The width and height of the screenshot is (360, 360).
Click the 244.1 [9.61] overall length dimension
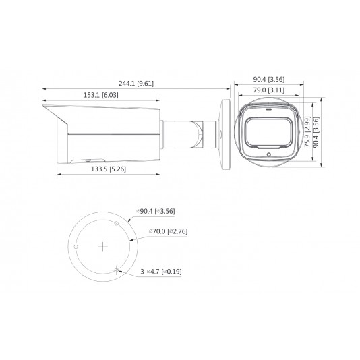tap(136, 83)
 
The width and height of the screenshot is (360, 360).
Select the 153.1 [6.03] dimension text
tap(101, 95)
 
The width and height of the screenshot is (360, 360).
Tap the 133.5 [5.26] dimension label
tap(109, 169)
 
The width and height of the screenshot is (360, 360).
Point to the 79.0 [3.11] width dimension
tap(268, 90)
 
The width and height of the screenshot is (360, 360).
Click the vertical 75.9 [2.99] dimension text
tap(307, 131)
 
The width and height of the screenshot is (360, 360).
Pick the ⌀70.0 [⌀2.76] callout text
tap(168, 231)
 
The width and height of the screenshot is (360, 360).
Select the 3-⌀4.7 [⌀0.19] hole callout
tap(161, 272)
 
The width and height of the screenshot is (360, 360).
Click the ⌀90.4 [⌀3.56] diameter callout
tap(156, 211)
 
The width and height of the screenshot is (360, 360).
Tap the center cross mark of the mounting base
tap(103, 247)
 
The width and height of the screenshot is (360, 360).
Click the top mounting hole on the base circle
tap(117, 223)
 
